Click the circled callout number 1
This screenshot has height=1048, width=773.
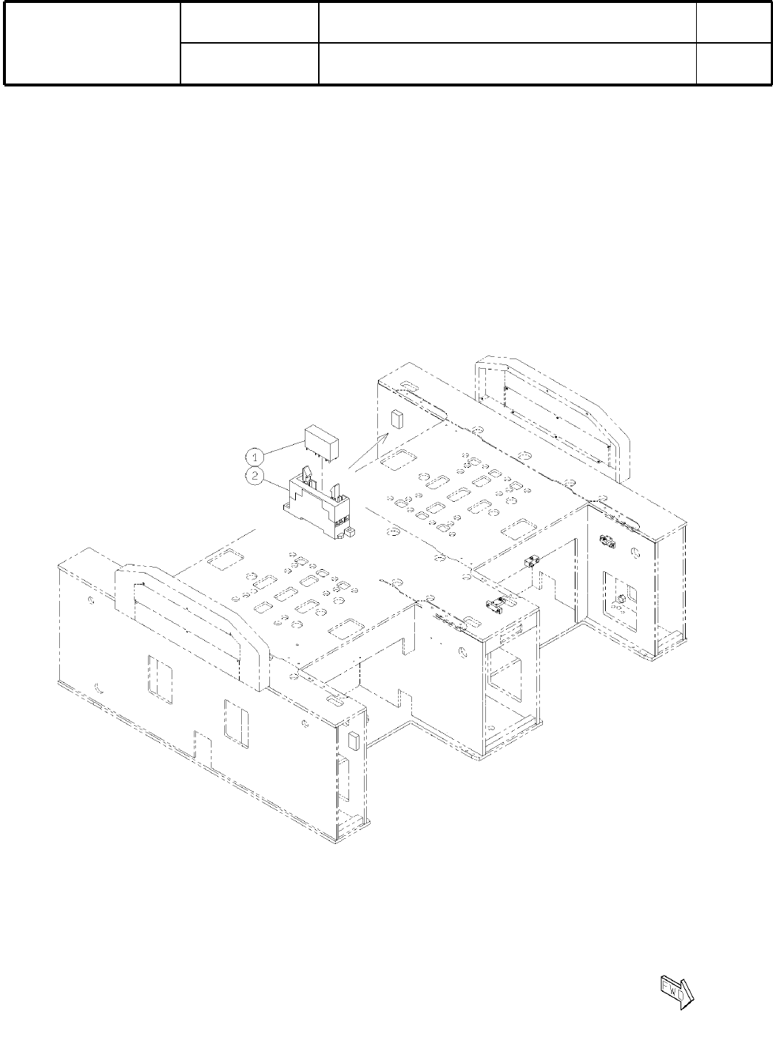(254, 456)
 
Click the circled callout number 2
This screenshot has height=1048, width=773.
(254, 477)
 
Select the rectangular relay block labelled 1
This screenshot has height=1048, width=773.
(322, 444)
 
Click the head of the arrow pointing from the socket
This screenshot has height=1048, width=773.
(386, 436)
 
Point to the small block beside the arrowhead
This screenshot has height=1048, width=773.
(397, 419)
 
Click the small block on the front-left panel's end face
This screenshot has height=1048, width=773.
(354, 742)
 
